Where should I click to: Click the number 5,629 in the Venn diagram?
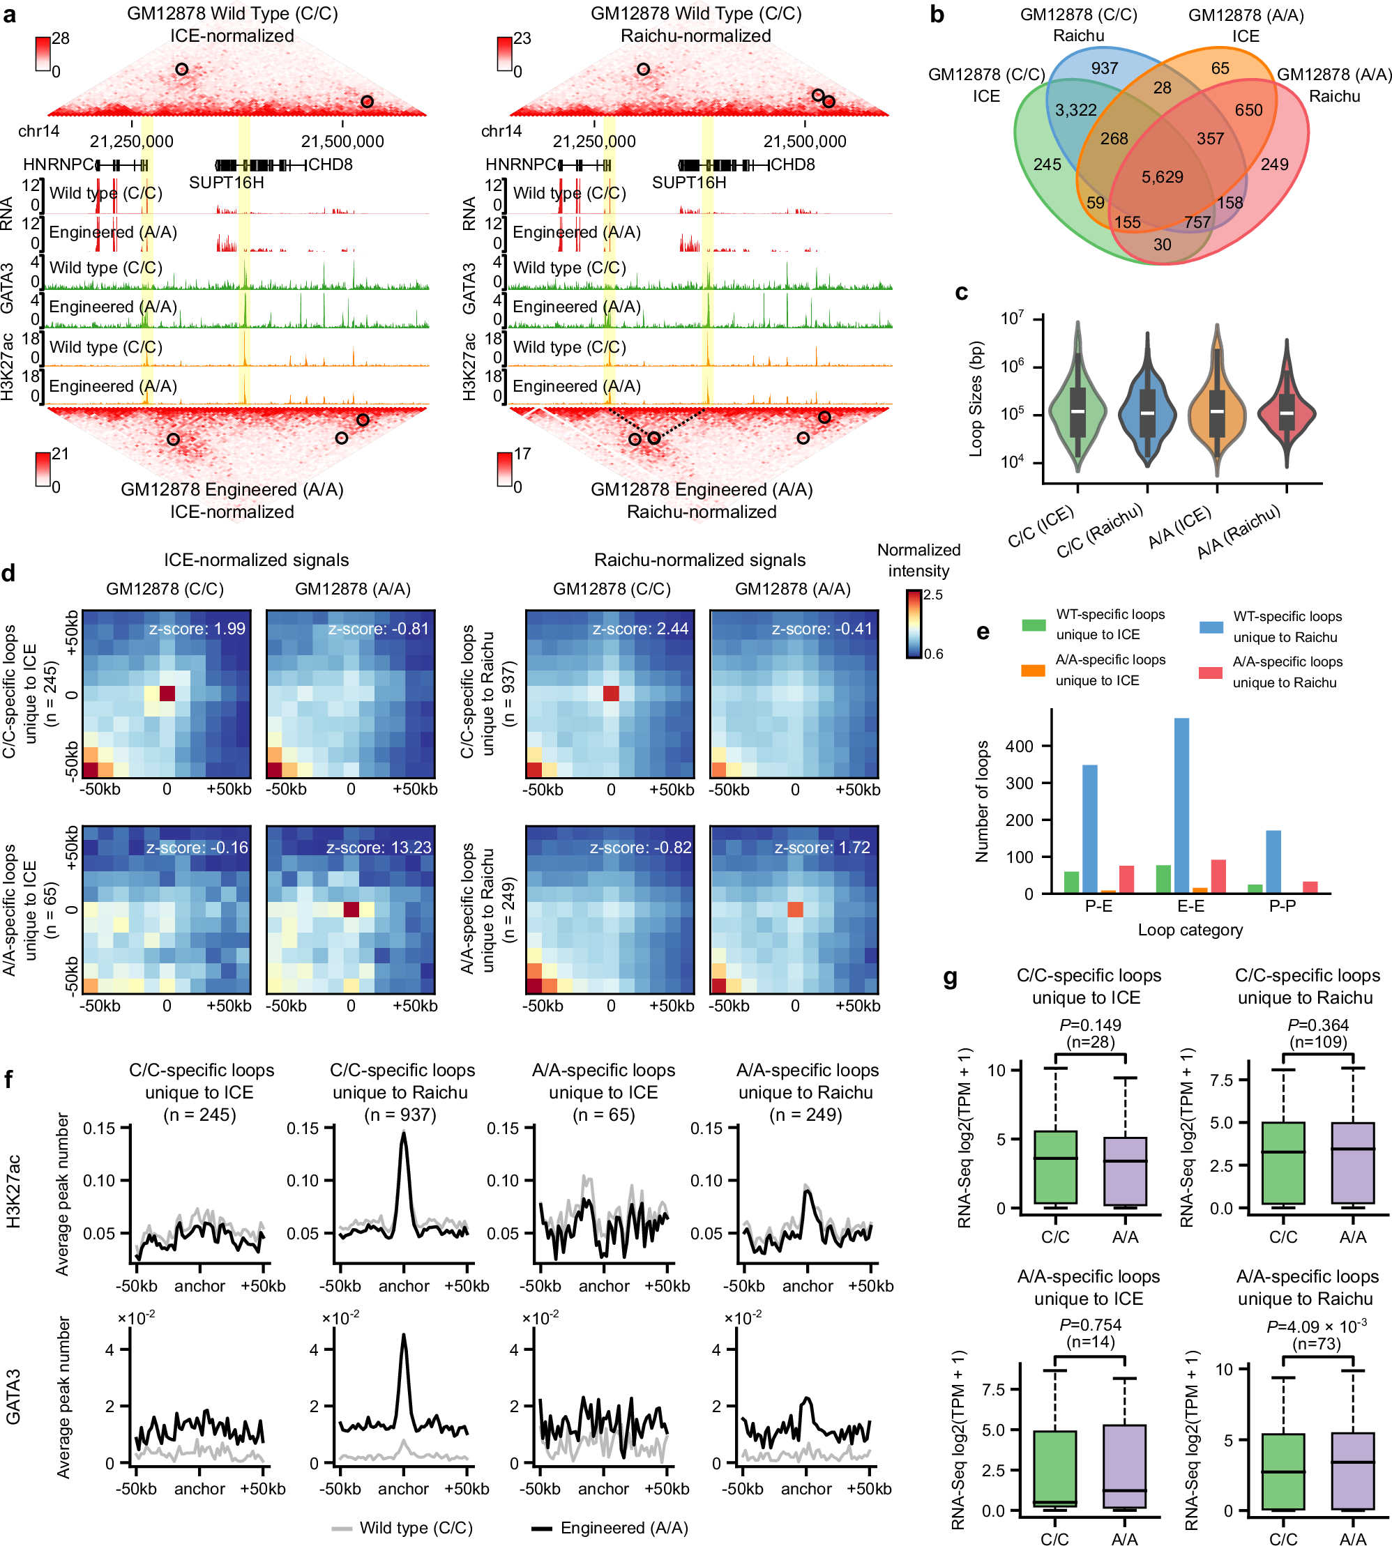[x=1162, y=177]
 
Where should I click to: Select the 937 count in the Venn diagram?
[x=1105, y=68]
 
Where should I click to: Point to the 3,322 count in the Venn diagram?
[x=1075, y=110]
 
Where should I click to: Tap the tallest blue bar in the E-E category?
[x=1181, y=804]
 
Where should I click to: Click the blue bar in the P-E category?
[x=1090, y=828]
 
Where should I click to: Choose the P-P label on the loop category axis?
[x=1282, y=906]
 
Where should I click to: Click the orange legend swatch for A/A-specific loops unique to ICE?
[x=1033, y=671]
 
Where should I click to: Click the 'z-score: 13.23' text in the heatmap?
[x=379, y=847]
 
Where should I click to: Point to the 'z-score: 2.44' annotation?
[x=640, y=629]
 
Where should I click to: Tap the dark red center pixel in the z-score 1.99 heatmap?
[x=167, y=694]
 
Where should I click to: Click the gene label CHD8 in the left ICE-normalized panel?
[x=330, y=164]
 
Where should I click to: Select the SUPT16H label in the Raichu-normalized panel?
[x=688, y=183]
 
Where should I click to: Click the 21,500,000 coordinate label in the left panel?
[x=342, y=141]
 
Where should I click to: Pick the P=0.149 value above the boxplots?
[x=1090, y=1025]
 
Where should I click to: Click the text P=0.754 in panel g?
[x=1090, y=1325]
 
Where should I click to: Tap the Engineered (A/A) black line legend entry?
[x=610, y=1528]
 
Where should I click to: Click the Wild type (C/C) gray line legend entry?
[x=402, y=1528]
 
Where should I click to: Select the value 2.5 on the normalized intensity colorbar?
[x=933, y=595]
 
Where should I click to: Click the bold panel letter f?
[x=8, y=1080]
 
